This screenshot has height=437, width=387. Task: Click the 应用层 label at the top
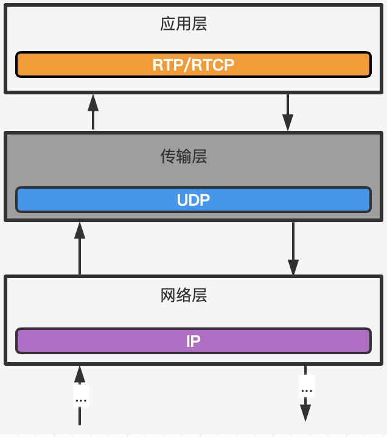(184, 24)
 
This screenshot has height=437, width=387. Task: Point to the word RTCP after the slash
(212, 65)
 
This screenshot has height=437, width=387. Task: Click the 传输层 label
(184, 157)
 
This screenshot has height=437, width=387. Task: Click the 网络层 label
(184, 296)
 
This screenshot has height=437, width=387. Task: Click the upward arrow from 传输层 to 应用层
(93, 113)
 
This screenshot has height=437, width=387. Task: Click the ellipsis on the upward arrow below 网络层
(81, 400)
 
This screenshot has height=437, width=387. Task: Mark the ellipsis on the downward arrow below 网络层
(307, 390)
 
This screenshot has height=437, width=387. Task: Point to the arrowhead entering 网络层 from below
(80, 374)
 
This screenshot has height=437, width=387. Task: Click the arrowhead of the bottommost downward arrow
(305, 413)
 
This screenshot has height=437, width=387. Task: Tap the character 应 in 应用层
(168, 24)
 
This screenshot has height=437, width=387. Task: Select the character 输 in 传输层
(184, 157)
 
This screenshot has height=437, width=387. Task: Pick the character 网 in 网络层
(168, 296)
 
